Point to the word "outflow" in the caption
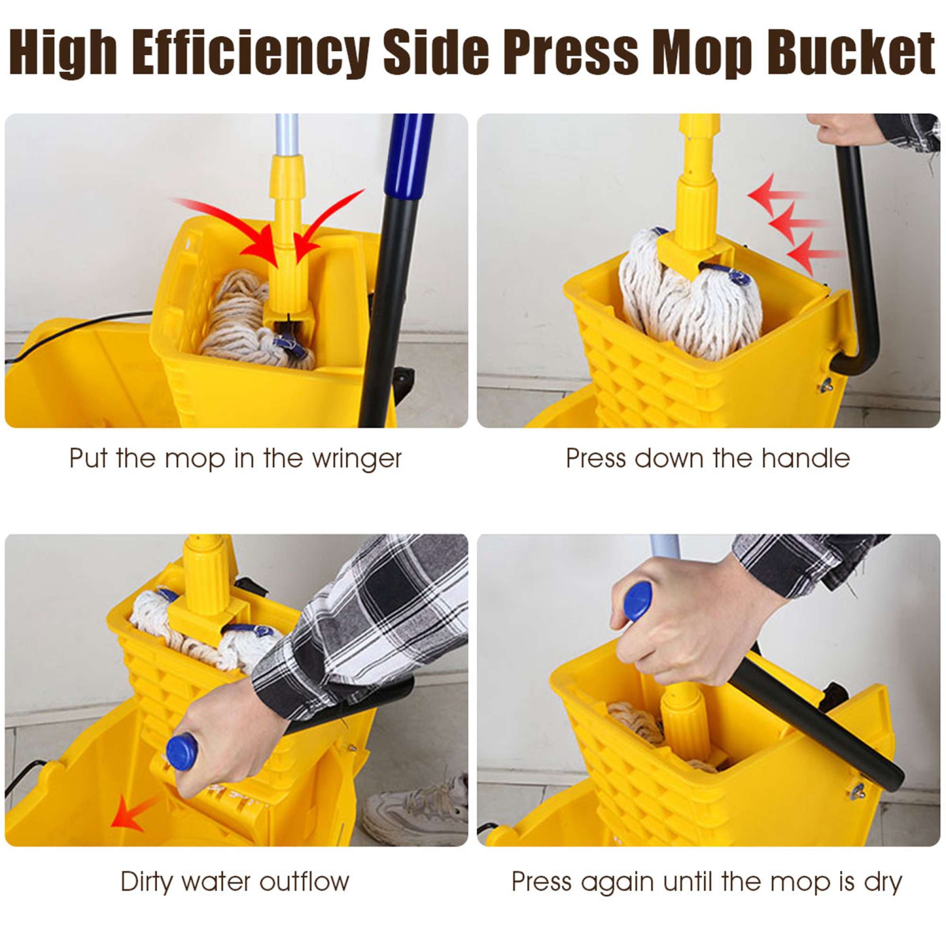[304, 881]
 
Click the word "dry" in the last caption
[883, 882]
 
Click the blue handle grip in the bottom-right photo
[638, 601]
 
